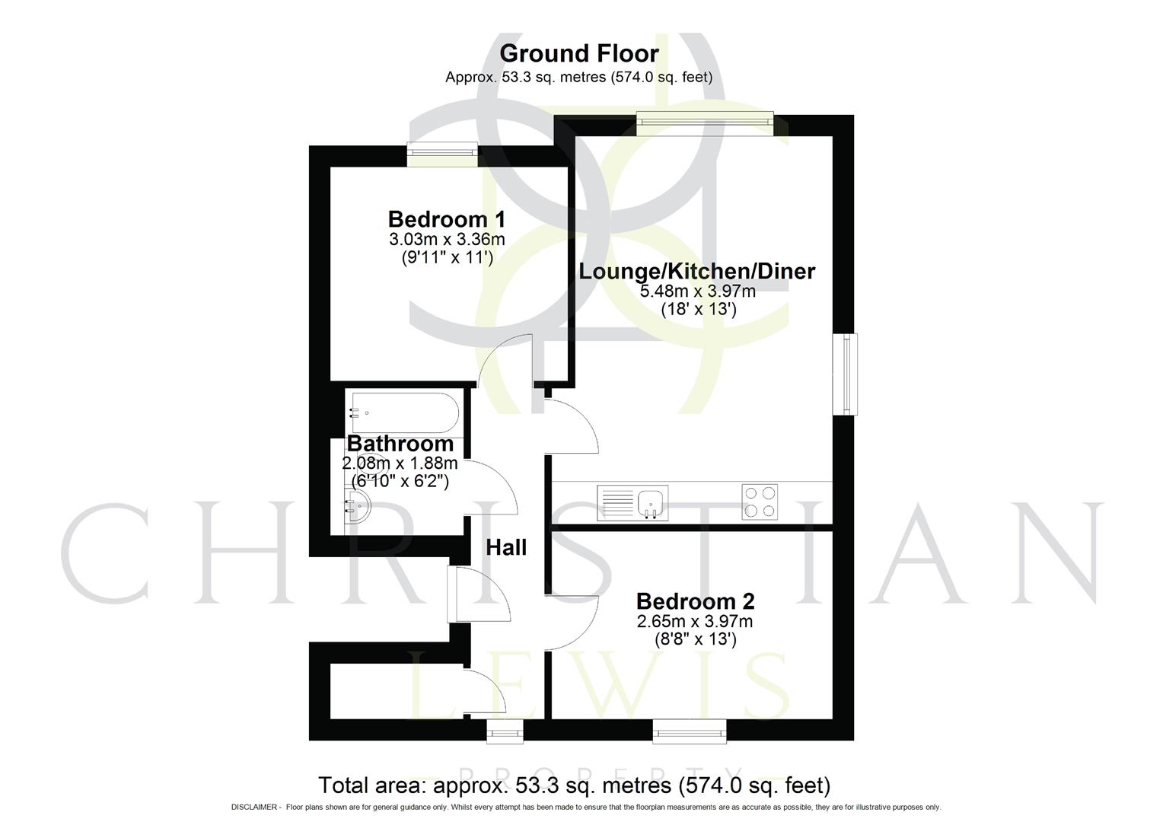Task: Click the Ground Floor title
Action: pyautogui.click(x=578, y=53)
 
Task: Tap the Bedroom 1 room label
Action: pyautogui.click(x=446, y=219)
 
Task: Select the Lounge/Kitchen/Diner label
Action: pyautogui.click(x=696, y=271)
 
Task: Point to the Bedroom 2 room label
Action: pyautogui.click(x=695, y=601)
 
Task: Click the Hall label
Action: pyautogui.click(x=506, y=547)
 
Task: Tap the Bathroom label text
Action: pyautogui.click(x=400, y=444)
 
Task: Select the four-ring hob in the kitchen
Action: pyautogui.click(x=760, y=502)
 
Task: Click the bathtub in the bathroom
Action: pyautogui.click(x=403, y=413)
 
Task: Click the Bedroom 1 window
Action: pyautogui.click(x=442, y=155)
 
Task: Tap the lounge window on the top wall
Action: pyautogui.click(x=705, y=124)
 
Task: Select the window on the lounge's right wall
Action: pyautogui.click(x=844, y=374)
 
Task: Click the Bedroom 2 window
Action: pyautogui.click(x=690, y=732)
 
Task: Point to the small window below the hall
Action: pyautogui.click(x=505, y=732)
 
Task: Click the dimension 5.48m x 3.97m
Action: pyautogui.click(x=697, y=292)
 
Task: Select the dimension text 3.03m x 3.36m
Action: pyautogui.click(x=447, y=240)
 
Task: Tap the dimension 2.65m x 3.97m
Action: pyautogui.click(x=695, y=622)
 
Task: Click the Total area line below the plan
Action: pyautogui.click(x=574, y=785)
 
